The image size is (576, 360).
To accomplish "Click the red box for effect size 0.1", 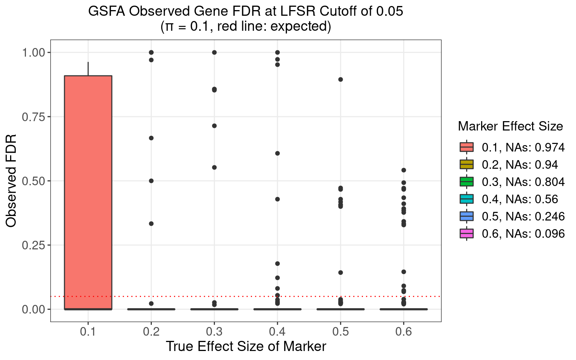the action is point(88,192).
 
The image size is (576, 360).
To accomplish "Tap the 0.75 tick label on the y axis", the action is point(33,117).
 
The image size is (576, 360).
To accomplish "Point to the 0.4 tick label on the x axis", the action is point(277,332).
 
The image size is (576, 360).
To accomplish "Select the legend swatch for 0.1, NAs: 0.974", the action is point(466,147).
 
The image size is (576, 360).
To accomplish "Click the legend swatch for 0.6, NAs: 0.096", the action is point(466,234).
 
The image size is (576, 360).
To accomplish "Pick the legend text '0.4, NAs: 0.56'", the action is point(520,199).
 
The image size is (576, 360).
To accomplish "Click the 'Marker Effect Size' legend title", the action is point(510,126).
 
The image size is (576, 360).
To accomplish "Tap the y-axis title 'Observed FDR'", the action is point(11,180).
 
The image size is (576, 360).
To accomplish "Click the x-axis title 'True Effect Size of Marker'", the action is point(246,346).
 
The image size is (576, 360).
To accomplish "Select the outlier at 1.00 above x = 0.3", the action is point(214,52).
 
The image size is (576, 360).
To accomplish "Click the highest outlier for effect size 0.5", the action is point(340,79).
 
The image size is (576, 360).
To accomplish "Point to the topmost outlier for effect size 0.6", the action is point(404,170).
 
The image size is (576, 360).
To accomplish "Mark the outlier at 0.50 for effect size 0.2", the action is point(151,181).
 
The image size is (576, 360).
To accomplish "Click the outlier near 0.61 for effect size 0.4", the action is point(277,153).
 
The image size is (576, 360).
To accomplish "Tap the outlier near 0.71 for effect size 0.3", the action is point(214,126).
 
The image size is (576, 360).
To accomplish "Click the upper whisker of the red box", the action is point(88,69).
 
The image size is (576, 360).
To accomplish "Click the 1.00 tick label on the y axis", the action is point(33,53).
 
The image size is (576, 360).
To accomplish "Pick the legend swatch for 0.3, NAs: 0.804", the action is point(466,182).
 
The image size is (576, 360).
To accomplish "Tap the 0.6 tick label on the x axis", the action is point(404,332).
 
